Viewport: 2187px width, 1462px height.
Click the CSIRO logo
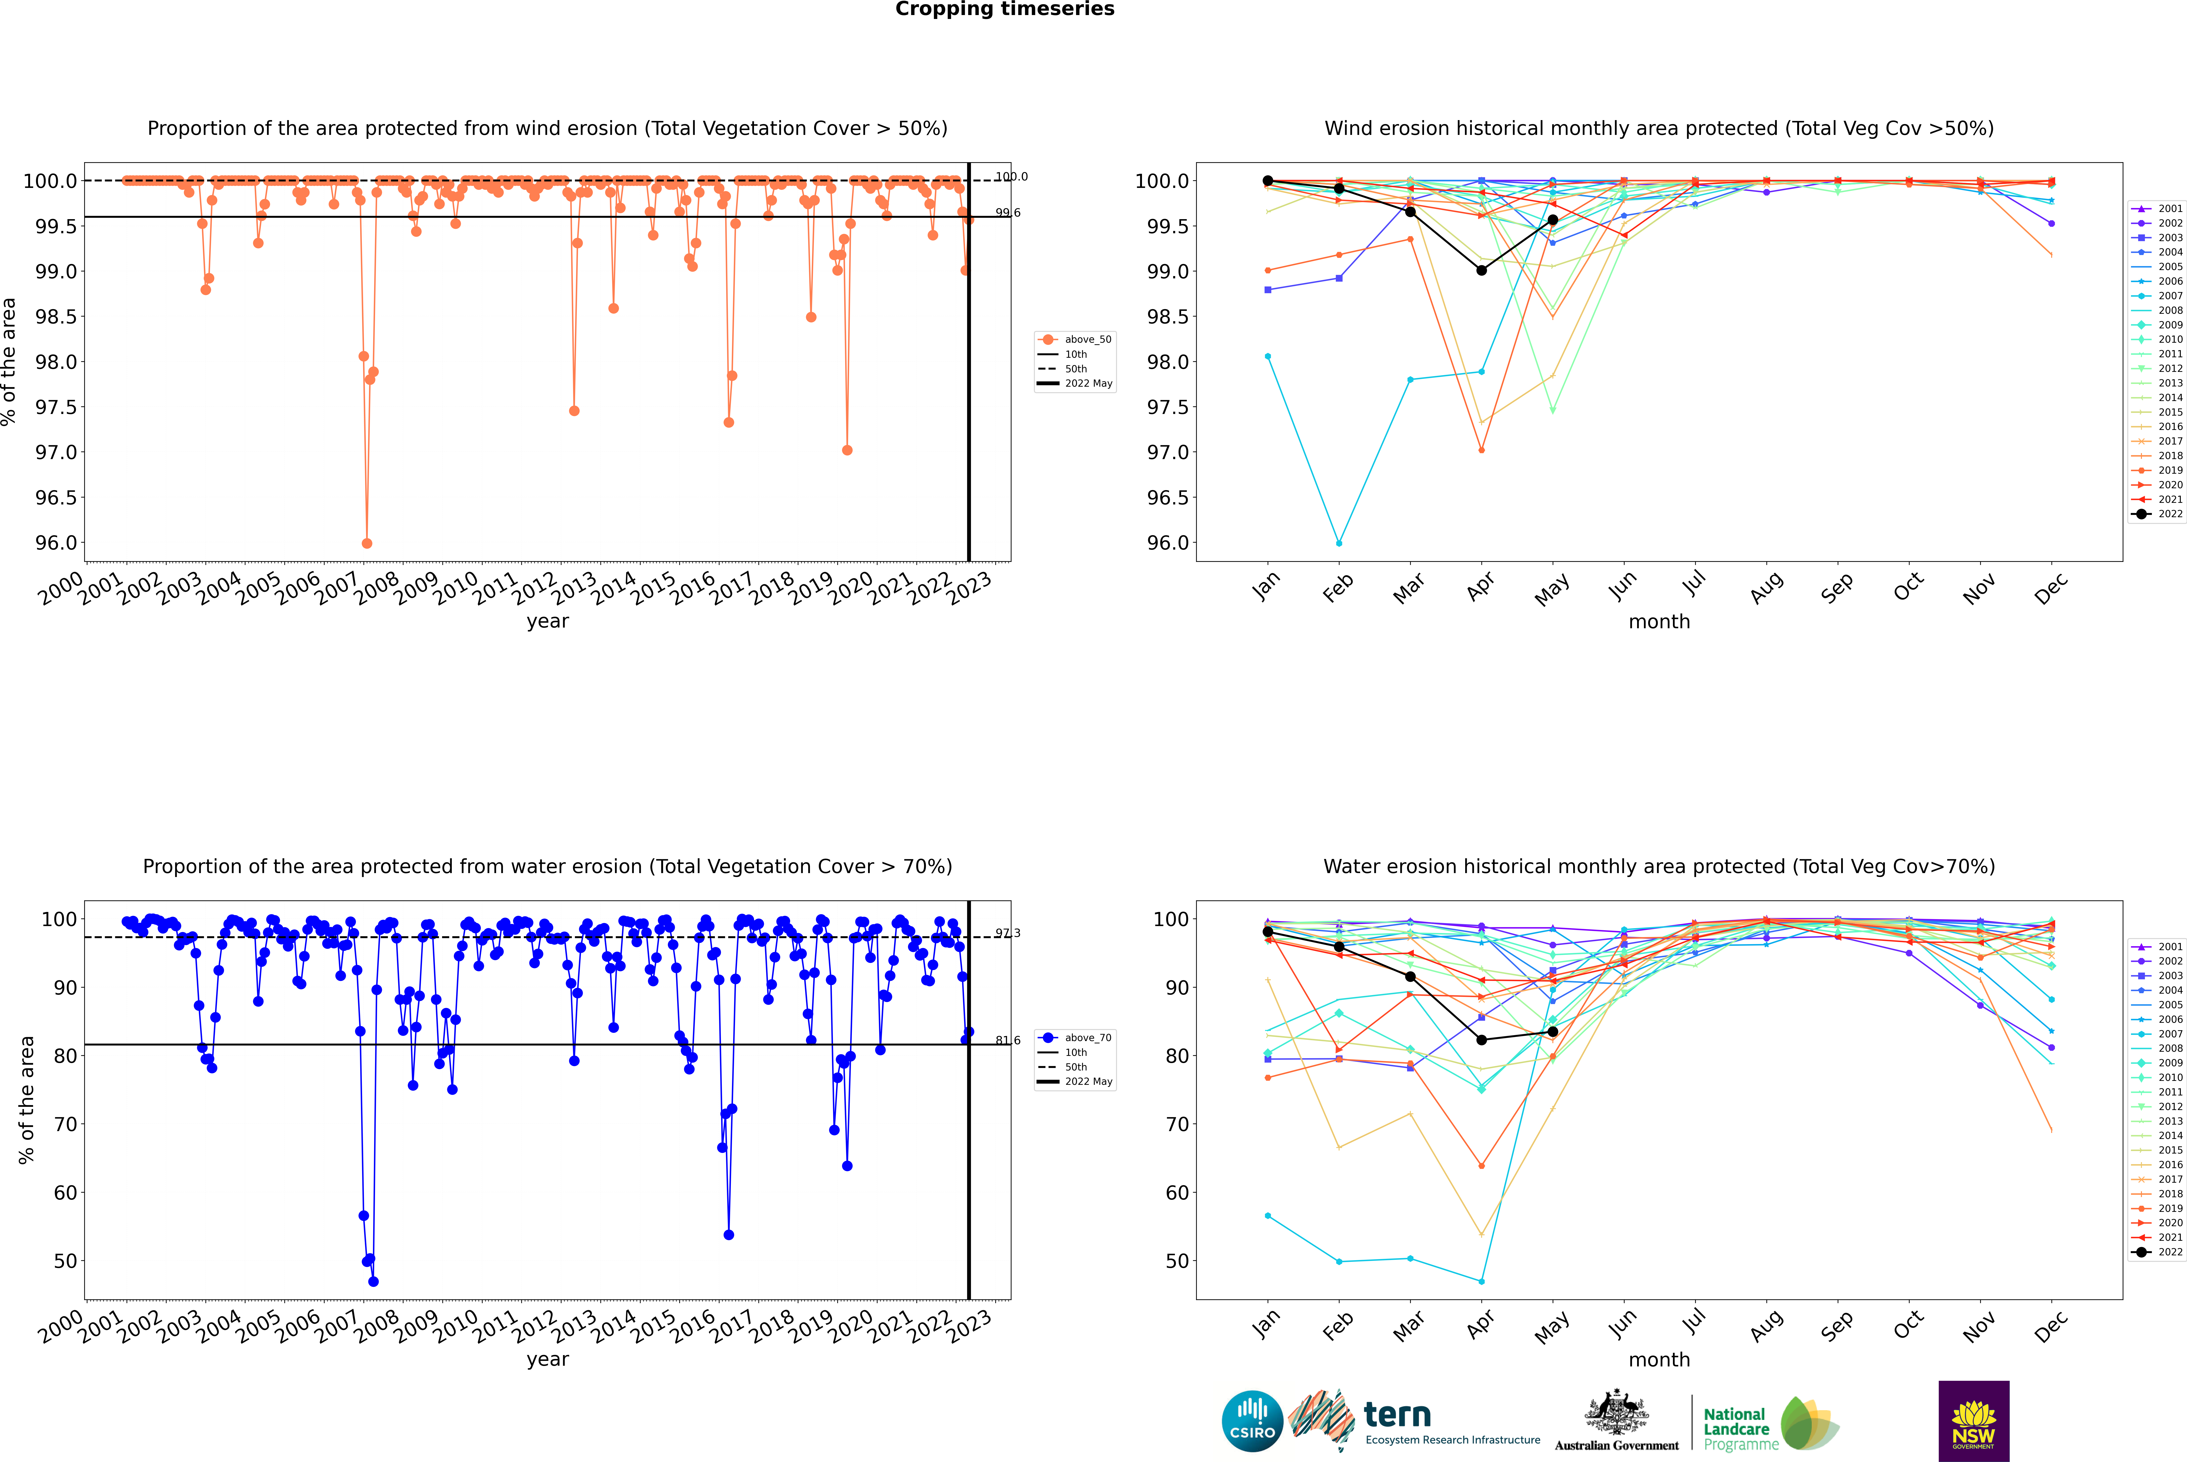click(1252, 1421)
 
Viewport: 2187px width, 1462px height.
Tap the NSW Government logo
click(1973, 1421)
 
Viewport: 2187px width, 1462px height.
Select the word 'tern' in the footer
click(1396, 1415)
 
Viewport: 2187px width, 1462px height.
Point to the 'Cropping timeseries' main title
click(1004, 9)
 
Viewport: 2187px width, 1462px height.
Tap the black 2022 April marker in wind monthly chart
click(1481, 271)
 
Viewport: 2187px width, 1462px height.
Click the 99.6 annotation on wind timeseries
click(1007, 213)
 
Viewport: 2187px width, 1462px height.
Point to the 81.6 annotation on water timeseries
click(1007, 1041)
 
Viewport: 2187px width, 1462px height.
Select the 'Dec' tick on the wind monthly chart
click(2050, 588)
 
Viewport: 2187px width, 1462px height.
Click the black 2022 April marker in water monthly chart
click(1481, 1040)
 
